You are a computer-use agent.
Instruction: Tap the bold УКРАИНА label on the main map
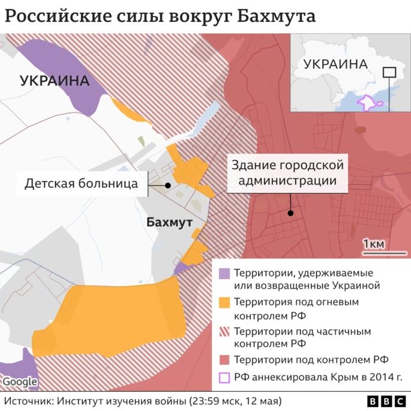pos(54,81)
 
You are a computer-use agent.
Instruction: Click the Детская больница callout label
pos(81,183)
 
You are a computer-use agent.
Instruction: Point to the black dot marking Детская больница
pos(168,185)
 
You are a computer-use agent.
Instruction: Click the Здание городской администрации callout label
pos(287,173)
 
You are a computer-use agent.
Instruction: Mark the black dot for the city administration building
pos(291,213)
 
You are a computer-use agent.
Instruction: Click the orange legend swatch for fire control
pos(224,302)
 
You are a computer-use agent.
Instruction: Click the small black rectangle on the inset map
pos(389,73)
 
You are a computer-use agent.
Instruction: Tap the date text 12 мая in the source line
pos(263,401)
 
